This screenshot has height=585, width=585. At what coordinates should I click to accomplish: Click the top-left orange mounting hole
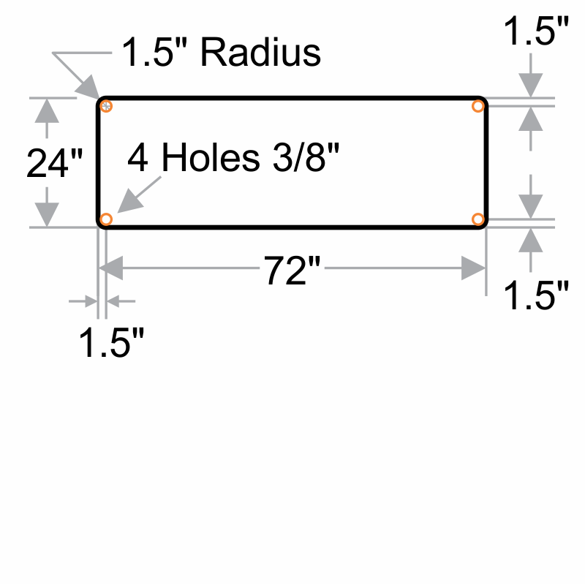pyautogui.click(x=107, y=107)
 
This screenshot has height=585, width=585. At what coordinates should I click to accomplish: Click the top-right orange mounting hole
pyautogui.click(x=478, y=107)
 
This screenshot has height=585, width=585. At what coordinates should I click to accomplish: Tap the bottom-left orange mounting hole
pyautogui.click(x=107, y=219)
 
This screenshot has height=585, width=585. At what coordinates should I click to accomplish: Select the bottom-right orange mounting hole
pyautogui.click(x=478, y=219)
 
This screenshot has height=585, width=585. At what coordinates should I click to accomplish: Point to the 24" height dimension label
pyautogui.click(x=55, y=162)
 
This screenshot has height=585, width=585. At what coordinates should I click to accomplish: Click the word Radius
pyautogui.click(x=260, y=53)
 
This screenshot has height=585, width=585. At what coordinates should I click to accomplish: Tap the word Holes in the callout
pyautogui.click(x=211, y=158)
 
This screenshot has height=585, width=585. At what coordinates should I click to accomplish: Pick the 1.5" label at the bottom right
pyautogui.click(x=535, y=296)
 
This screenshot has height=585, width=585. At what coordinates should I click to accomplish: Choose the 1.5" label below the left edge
pyautogui.click(x=110, y=342)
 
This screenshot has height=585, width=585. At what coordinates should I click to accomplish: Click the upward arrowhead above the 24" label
pyautogui.click(x=47, y=109)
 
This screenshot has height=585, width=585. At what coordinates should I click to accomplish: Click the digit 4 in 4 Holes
pyautogui.click(x=138, y=158)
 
